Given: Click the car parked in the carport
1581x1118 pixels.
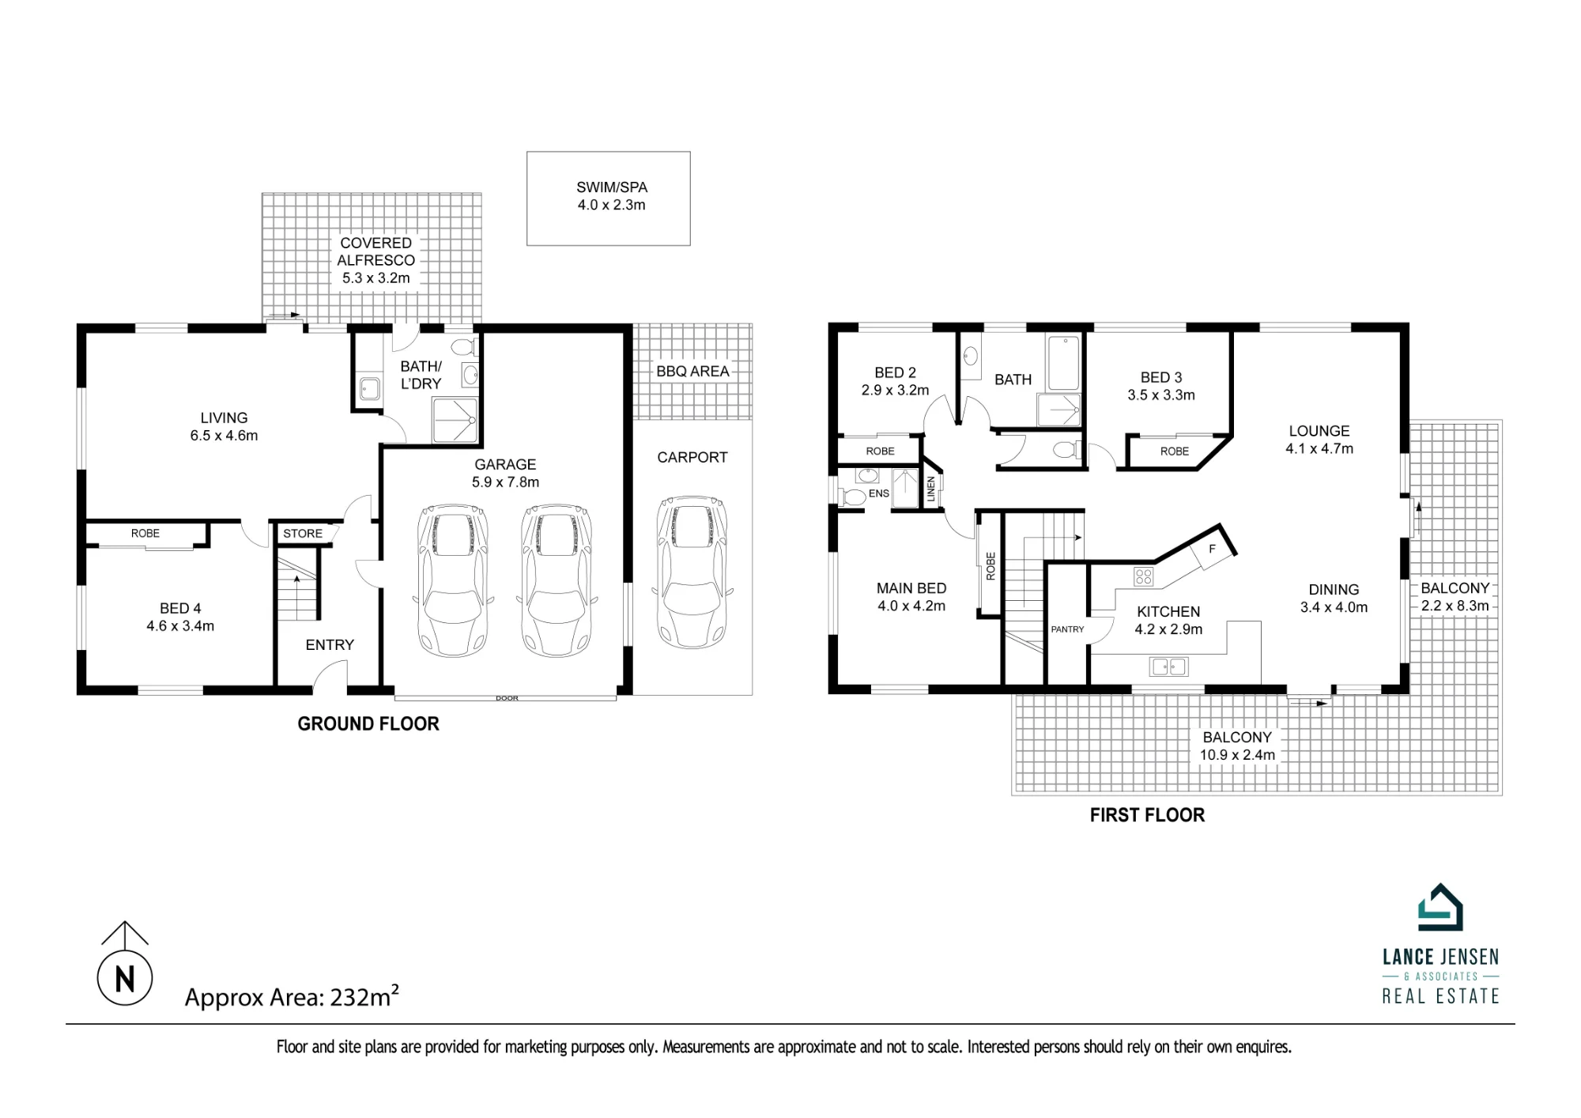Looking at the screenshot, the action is coord(692,572).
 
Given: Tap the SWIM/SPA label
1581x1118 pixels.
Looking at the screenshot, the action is coord(612,187).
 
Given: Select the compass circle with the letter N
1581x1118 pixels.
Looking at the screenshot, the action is coord(125,978).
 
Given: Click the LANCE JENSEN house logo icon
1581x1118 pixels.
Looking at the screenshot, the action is coord(1440,907).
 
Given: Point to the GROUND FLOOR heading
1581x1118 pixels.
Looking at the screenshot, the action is coord(368,723).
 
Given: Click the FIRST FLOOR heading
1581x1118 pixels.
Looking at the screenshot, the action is coord(1147,815).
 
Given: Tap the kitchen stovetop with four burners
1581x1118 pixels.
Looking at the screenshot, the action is coord(1143,576).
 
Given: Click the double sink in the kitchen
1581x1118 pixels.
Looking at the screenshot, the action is coord(1169,667).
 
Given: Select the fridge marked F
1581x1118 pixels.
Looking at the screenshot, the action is coord(1212,549).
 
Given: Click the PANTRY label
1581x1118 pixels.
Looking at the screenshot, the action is coord(1067,629).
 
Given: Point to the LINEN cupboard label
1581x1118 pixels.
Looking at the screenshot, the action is coord(931,489).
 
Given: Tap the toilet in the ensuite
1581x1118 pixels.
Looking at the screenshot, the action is coord(852,497).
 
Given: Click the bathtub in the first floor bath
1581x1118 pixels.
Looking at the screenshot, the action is coord(1064,363).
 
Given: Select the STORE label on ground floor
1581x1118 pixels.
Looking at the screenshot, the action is coord(303,534).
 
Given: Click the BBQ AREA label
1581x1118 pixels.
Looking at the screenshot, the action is coord(692,371).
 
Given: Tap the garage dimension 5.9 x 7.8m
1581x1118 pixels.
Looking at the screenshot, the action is coord(506,482).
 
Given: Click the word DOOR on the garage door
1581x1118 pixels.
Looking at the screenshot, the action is coord(507,698).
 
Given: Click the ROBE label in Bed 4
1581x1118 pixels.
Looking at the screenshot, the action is coord(145,534).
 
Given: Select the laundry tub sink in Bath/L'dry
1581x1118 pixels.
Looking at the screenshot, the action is coord(369,388).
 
